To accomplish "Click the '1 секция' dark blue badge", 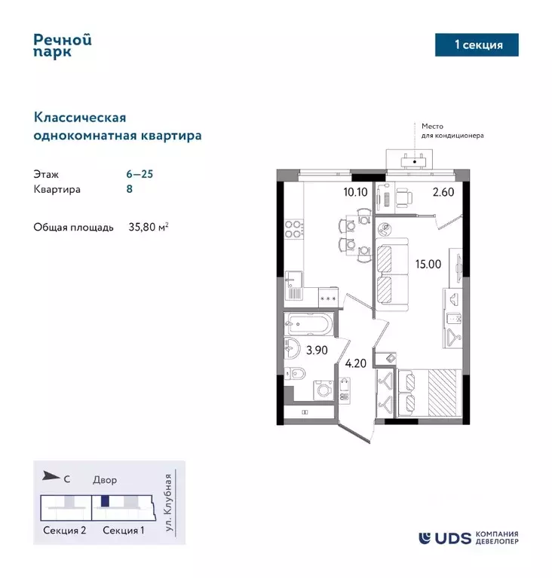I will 478,44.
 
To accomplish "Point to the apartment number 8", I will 130,189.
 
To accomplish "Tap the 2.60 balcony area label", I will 443,191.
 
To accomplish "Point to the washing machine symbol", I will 320,390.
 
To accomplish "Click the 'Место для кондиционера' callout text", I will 448,131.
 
